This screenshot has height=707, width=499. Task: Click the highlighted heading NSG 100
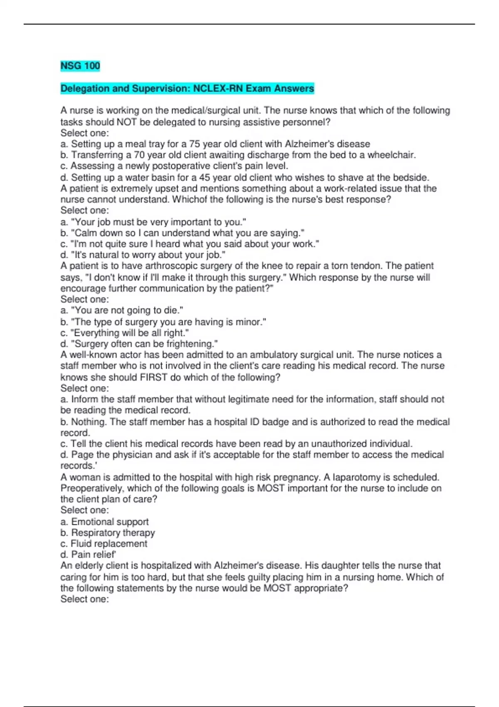pos(80,66)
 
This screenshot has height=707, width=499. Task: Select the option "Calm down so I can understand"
pos(182,233)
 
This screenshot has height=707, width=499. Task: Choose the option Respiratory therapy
pos(107,533)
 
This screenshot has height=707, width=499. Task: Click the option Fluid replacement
pos(104,544)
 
